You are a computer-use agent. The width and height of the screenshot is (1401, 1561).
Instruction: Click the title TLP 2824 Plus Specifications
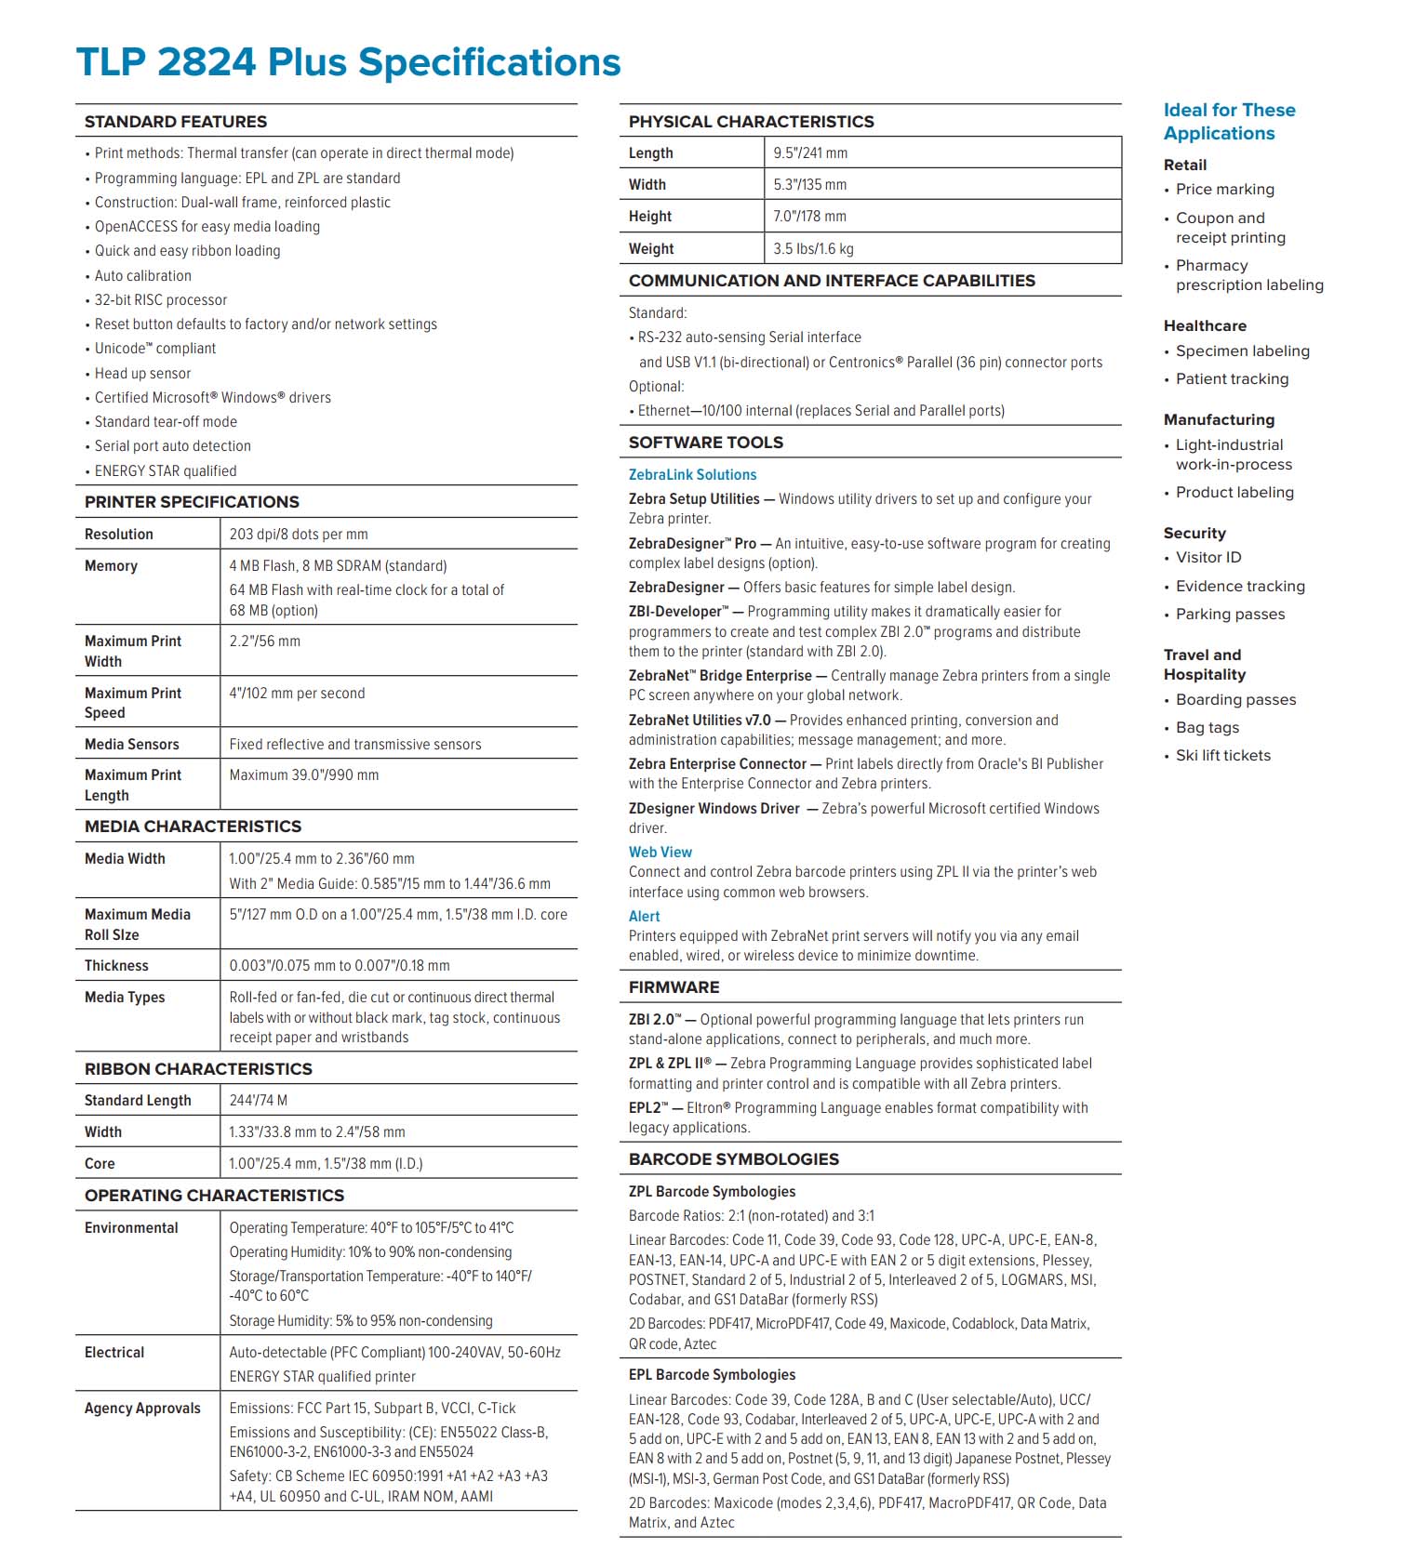tap(348, 63)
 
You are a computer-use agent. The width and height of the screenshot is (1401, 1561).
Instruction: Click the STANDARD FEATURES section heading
tap(176, 122)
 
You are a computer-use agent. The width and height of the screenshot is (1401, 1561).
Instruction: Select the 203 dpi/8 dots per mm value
tap(299, 535)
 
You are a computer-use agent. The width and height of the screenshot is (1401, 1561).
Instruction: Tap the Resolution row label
tap(119, 535)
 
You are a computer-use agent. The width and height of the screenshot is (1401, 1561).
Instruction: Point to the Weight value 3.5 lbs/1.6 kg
tap(813, 249)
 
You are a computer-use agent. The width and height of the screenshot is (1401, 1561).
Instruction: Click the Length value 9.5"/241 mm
tap(810, 153)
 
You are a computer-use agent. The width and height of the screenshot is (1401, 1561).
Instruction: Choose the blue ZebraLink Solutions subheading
tap(692, 475)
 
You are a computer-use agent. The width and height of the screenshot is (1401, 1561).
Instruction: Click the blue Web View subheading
tap(660, 853)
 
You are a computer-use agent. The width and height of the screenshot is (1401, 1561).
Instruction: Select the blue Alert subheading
tap(644, 917)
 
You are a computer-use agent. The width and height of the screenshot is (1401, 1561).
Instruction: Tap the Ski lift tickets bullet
tap(1222, 756)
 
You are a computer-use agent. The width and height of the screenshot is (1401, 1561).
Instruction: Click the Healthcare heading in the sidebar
tap(1205, 326)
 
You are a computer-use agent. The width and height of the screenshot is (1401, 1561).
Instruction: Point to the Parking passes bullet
tap(1230, 615)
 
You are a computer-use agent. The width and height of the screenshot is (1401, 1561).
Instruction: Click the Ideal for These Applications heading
tap(1229, 122)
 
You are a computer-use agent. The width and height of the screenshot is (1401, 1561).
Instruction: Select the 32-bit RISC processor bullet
tap(161, 300)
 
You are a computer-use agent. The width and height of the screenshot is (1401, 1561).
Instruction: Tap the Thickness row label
tap(116, 966)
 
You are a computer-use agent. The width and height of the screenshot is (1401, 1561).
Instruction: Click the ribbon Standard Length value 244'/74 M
tap(259, 1101)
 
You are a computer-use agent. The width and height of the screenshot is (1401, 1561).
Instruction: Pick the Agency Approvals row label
tap(142, 1409)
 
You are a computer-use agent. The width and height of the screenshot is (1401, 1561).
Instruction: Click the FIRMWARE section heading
tap(674, 987)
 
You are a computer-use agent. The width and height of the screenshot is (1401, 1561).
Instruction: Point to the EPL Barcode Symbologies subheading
tap(712, 1375)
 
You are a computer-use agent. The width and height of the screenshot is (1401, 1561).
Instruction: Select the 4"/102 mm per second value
tap(297, 694)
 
